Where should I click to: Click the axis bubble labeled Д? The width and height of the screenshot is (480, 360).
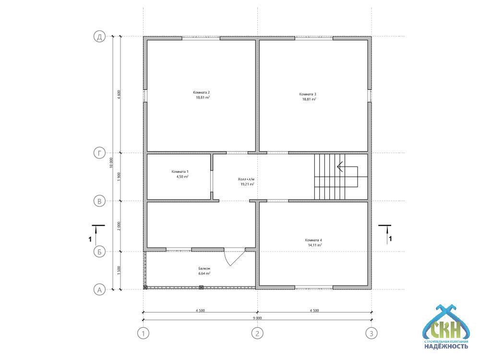coord(99,37)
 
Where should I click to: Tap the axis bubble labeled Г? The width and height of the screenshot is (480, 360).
coord(99,153)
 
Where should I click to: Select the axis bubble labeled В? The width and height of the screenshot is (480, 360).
coord(99,201)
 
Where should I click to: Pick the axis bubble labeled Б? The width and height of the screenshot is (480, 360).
coord(99,252)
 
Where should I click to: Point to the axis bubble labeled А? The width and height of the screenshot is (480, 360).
coord(99,289)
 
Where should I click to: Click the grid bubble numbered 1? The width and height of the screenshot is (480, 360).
coord(143,333)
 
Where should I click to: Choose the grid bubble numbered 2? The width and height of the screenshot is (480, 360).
coord(257,333)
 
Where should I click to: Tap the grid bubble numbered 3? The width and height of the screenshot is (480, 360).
coord(372,333)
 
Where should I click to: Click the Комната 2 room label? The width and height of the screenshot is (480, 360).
coord(202,93)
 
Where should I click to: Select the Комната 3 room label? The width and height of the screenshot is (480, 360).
coord(308,94)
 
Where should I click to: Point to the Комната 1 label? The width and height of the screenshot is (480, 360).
coord(180,171)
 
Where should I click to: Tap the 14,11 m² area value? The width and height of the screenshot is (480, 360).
coord(315,245)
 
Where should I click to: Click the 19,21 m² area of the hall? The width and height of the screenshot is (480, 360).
coord(247,184)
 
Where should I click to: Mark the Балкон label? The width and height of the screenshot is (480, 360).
coord(204,268)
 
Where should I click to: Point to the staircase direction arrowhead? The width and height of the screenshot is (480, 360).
coord(340,167)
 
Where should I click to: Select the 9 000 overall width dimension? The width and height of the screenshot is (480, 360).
coord(257,318)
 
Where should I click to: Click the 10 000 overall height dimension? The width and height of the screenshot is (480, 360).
coord(111,163)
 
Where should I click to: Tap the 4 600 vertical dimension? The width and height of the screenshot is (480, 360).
coord(119,94)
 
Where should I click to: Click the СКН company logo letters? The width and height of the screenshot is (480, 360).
coord(445,329)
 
